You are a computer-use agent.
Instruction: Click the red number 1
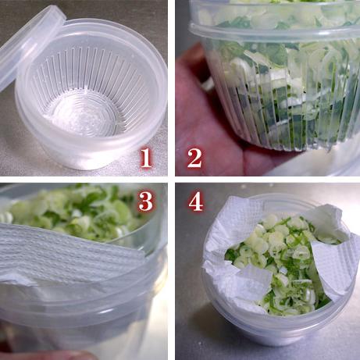tap(146, 159)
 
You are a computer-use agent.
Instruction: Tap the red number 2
tap(194, 159)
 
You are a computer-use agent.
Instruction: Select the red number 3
tap(146, 201)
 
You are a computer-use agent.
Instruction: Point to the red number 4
tap(196, 201)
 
